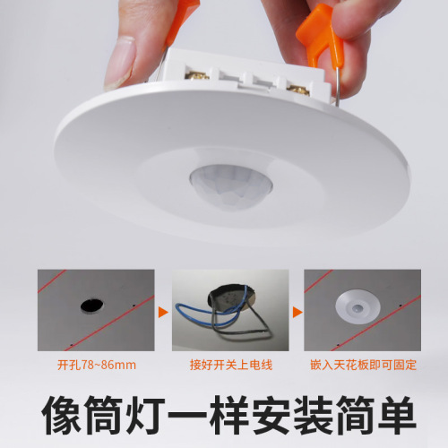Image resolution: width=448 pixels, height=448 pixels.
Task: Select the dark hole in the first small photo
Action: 89,306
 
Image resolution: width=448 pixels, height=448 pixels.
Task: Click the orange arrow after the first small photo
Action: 163,314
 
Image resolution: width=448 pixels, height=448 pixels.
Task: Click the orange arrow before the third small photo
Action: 297,314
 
